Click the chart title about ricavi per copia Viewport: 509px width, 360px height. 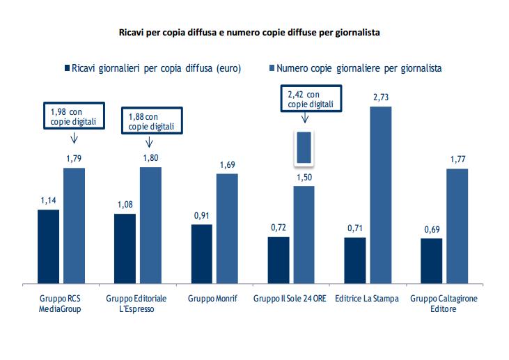coord(250,32)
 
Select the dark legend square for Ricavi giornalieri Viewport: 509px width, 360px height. coord(67,68)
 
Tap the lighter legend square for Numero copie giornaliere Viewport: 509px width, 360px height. coord(271,68)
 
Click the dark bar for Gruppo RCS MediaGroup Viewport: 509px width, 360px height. coord(48,246)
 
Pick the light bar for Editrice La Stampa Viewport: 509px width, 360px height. coord(380,195)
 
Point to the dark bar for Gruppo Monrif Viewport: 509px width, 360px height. coord(201,253)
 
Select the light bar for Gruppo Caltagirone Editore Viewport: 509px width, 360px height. coord(457,226)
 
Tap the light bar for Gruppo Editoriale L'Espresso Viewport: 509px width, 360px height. coord(150,225)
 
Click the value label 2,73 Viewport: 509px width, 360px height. coord(381,97)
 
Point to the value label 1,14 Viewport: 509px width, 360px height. coord(48,201)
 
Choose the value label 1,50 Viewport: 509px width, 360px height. coord(304,178)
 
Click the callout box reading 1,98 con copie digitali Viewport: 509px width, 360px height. coord(73,116)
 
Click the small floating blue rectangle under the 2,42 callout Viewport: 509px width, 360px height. coord(304,148)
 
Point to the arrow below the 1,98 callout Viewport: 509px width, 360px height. coord(74,138)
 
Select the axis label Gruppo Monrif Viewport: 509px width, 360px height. coord(214,299)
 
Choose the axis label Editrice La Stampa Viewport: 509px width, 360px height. coord(367,299)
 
